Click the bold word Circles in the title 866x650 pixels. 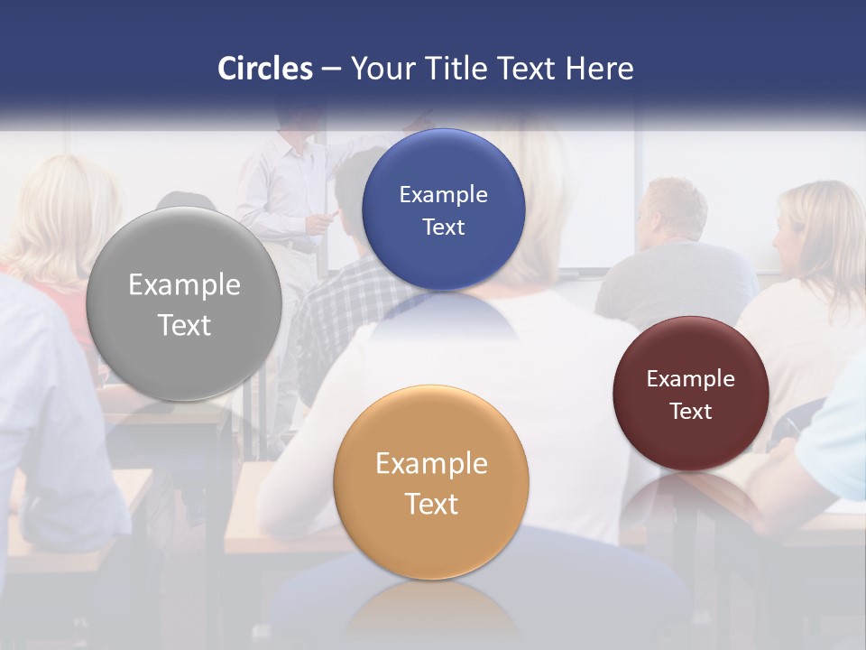pos(265,69)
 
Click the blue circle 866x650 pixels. pos(443,209)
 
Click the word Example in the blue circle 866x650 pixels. pos(443,194)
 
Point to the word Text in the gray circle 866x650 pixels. pos(184,325)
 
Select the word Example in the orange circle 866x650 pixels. pos(431,463)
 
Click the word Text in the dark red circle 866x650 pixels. pos(690,411)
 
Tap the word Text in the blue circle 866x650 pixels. pos(443,227)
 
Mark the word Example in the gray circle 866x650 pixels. pos(184,284)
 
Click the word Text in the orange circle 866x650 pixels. pos(431,504)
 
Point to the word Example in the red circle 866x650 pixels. pos(690,379)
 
